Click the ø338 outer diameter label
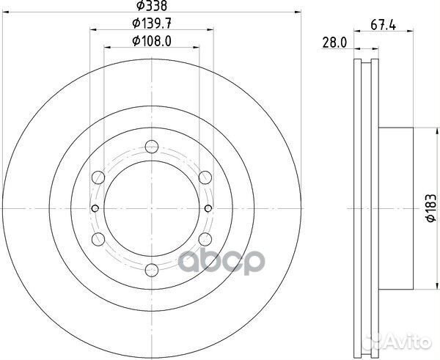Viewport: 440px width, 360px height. click(x=151, y=6)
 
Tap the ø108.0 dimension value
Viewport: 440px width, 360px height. click(x=151, y=41)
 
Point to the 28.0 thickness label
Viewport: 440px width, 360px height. click(x=334, y=43)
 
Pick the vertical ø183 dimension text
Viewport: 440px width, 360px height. click(x=432, y=209)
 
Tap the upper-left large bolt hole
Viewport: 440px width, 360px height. click(x=98, y=176)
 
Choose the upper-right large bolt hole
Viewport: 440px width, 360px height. click(x=205, y=176)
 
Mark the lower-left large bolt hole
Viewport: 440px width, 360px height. click(x=98, y=239)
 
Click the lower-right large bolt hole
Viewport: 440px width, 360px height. click(x=205, y=239)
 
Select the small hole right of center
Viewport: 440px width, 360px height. click(x=208, y=209)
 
